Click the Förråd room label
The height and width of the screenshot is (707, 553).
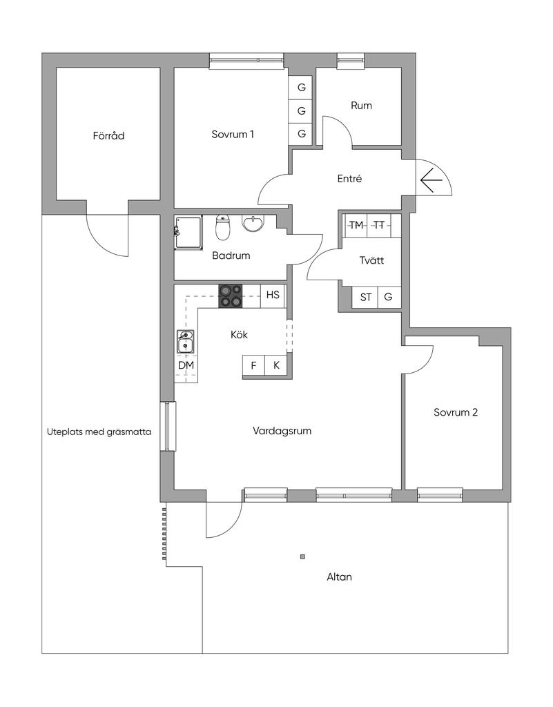point(108,135)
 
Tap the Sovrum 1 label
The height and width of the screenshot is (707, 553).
point(233,134)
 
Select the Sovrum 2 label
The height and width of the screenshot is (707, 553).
point(455,412)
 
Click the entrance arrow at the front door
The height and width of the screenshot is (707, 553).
point(431,180)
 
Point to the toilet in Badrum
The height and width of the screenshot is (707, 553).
point(222,226)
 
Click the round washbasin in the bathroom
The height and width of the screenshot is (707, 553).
point(254,223)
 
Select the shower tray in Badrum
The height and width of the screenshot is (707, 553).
point(188,232)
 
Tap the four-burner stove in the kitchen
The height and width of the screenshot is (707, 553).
point(231,296)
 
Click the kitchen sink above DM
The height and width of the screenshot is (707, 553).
point(185,341)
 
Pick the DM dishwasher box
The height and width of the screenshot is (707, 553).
point(186,365)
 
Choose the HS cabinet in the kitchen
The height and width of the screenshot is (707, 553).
point(273,296)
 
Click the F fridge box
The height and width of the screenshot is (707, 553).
point(253,365)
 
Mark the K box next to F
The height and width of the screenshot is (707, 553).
point(276,365)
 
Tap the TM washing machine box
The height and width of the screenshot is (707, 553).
point(356,224)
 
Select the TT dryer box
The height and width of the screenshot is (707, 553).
point(379,224)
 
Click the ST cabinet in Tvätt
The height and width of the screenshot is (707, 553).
point(365,297)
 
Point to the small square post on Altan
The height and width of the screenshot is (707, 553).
point(303,556)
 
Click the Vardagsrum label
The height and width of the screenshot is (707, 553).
point(282,431)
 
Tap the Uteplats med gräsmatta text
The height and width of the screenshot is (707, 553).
point(99,432)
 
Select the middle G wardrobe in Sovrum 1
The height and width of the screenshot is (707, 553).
point(302,110)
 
